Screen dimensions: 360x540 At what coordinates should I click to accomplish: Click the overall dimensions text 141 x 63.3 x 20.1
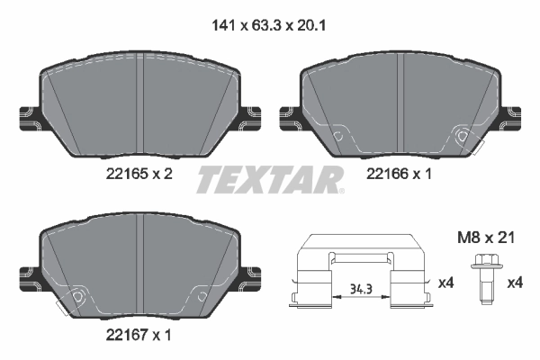click(x=269, y=27)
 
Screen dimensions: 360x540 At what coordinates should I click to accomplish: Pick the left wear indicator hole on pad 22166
click(x=338, y=137)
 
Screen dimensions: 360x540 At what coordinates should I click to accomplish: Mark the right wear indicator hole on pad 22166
click(x=463, y=137)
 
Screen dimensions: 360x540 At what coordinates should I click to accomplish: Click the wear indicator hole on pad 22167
click(x=77, y=298)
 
